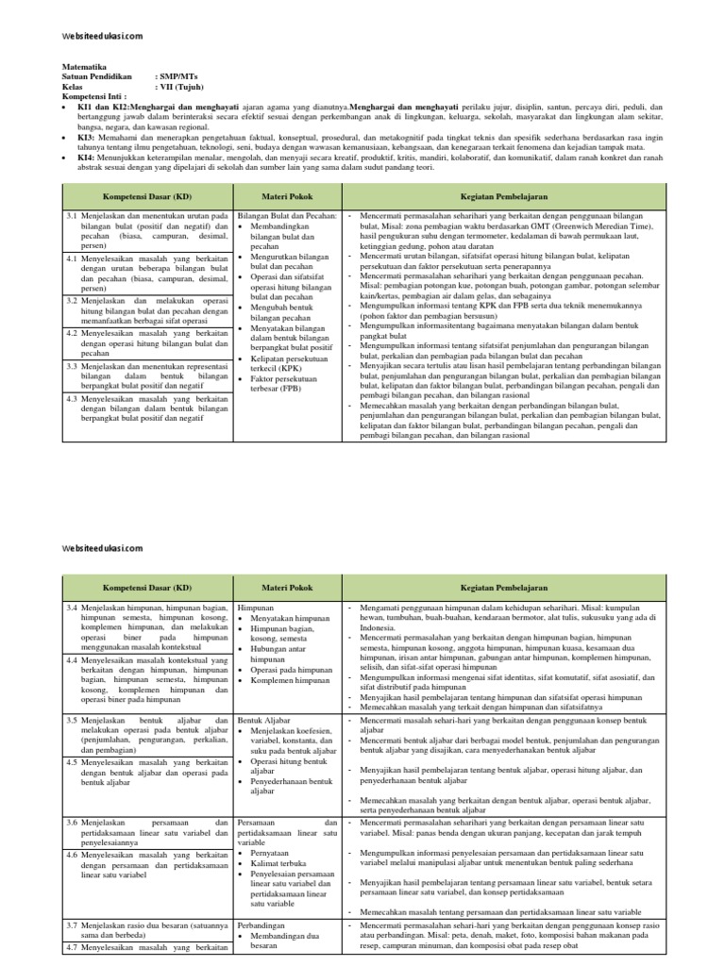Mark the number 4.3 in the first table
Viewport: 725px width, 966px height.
[x=73, y=399]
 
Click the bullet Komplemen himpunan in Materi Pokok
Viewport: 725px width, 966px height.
[x=290, y=680]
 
